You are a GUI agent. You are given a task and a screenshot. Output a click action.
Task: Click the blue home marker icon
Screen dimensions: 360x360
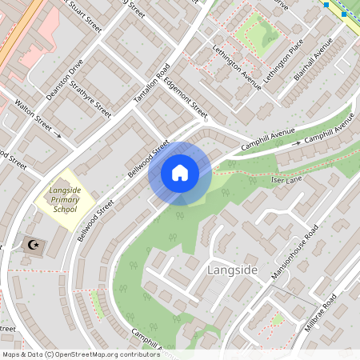[x=180, y=172]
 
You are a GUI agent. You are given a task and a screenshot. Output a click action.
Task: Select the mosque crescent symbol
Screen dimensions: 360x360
[x=33, y=244]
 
